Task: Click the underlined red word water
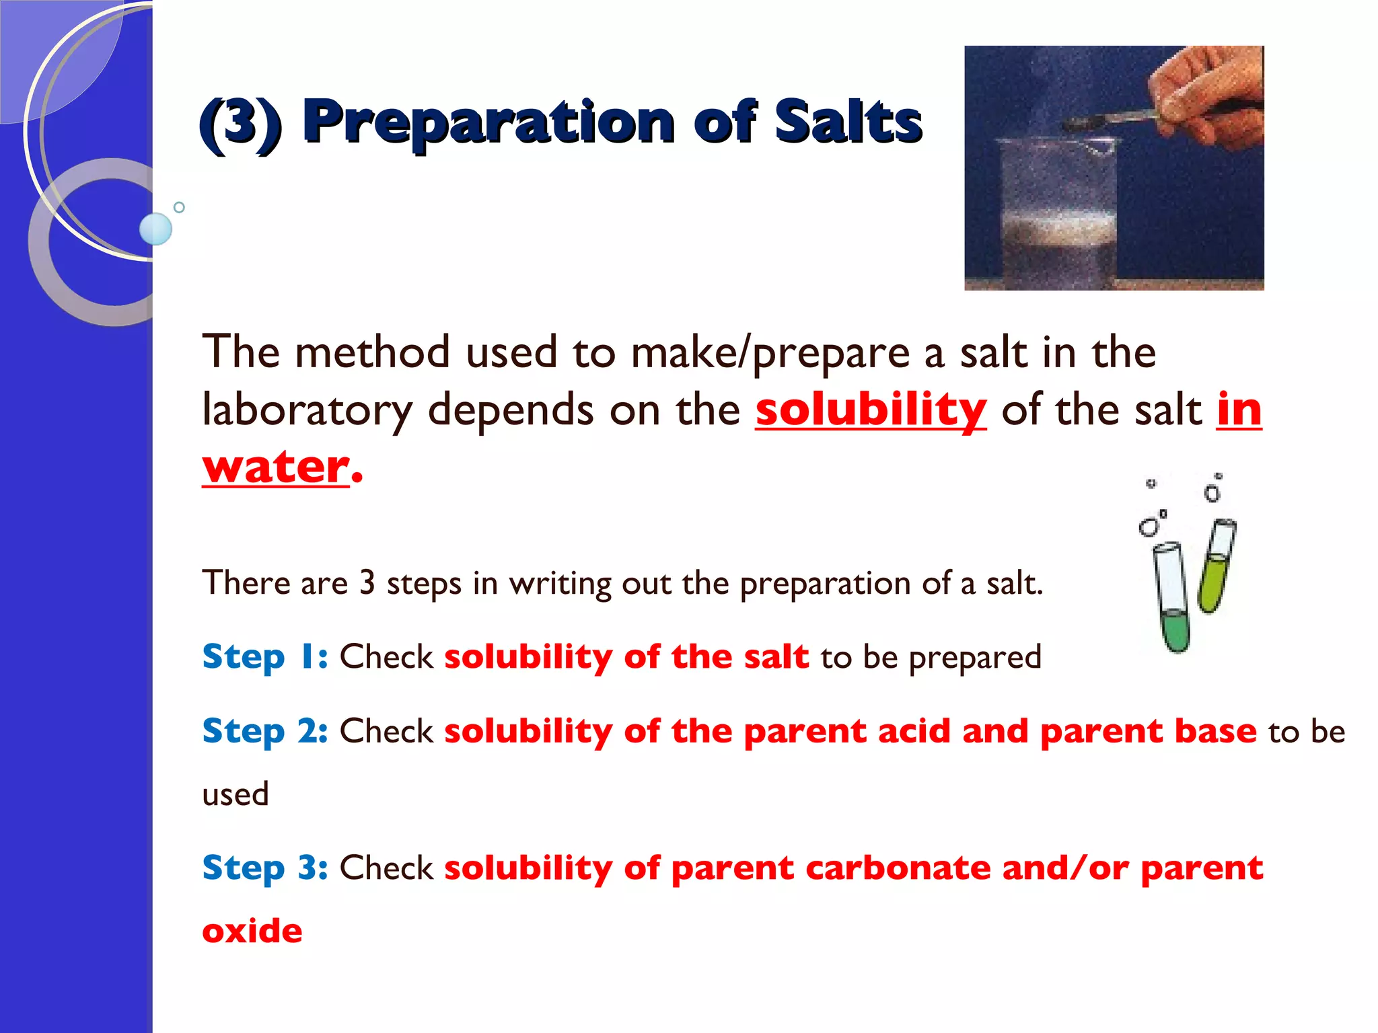pos(276,466)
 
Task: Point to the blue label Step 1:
pos(265,656)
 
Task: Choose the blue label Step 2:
pos(265,731)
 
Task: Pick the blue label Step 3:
pos(265,868)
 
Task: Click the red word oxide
pos(252,931)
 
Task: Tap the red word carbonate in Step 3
pos(898,868)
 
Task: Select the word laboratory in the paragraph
pos(307,410)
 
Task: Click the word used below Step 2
pos(235,794)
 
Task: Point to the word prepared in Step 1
pos(975,658)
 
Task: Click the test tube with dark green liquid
pos(1173,599)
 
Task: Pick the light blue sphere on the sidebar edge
pos(155,229)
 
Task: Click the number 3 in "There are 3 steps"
pos(367,582)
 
